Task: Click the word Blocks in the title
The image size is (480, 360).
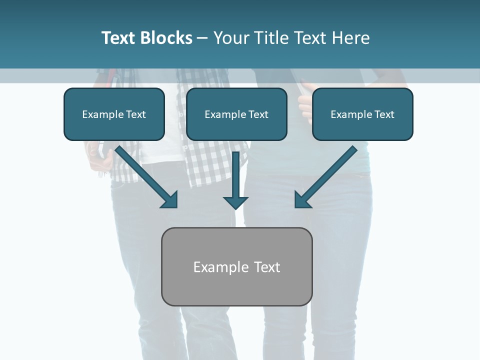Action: click(166, 38)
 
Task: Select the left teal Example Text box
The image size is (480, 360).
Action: click(114, 114)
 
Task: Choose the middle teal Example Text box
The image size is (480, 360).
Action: click(236, 114)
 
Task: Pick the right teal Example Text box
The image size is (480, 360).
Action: click(362, 114)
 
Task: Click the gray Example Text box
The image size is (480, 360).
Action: click(236, 267)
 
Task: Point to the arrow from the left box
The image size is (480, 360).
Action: click(145, 175)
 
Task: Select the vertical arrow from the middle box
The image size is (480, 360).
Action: click(236, 177)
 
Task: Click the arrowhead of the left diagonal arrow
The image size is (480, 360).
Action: click(170, 200)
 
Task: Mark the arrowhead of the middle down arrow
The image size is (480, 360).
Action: click(236, 202)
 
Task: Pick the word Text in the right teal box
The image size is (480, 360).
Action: click(384, 114)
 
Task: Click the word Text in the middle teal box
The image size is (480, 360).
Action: click(258, 114)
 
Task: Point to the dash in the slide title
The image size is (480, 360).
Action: click(202, 38)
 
